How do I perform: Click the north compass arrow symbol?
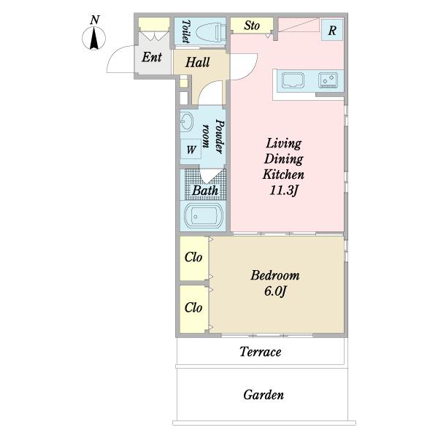click(x=94, y=38)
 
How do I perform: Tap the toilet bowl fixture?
click(x=211, y=32)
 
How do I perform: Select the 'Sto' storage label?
click(x=252, y=26)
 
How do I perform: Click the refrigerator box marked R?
click(x=332, y=30)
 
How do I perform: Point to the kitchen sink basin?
click(x=293, y=80)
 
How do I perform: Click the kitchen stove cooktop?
click(x=328, y=80)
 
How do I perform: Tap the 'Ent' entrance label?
click(x=152, y=57)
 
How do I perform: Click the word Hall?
click(x=198, y=62)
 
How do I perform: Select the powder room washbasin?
click(x=186, y=122)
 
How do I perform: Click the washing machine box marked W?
click(x=191, y=150)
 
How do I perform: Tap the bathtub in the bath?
click(x=204, y=217)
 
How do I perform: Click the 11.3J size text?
click(x=283, y=191)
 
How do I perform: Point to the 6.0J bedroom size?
click(x=275, y=291)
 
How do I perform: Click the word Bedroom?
click(x=275, y=275)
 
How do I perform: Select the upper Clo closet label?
click(x=193, y=257)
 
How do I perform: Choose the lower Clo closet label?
click(x=193, y=308)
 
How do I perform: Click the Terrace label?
click(x=261, y=352)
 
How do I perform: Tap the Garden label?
click(x=264, y=395)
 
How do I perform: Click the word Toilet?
click(x=185, y=31)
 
